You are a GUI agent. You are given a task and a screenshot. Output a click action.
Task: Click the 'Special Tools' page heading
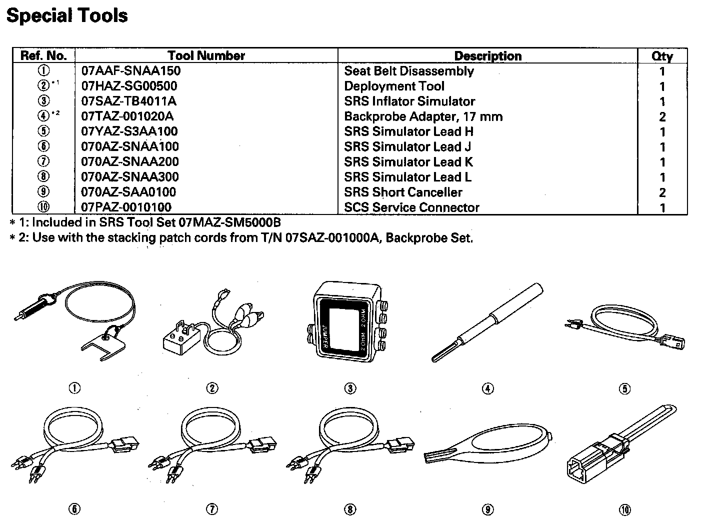coord(67,15)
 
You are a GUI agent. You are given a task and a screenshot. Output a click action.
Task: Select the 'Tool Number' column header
coord(206,55)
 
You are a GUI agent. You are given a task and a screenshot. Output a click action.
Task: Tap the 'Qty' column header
coord(662,56)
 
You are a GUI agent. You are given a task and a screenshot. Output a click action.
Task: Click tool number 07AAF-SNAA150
coord(130,71)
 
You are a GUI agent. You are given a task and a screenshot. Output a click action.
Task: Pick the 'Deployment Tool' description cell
coord(394,86)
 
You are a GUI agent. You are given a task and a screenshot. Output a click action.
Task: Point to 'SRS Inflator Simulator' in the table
coord(409,101)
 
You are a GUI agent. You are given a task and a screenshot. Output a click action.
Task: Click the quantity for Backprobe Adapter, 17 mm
coord(662,117)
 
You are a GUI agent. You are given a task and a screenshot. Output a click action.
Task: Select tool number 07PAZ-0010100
coord(126,207)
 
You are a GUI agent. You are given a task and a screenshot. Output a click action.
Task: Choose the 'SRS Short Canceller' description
coord(403,192)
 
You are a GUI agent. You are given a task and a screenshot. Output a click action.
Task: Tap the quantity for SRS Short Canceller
coord(662,192)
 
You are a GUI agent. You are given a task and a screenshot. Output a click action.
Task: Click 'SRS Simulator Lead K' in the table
coord(408,162)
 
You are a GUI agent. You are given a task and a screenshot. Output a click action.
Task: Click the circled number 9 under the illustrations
coord(487,509)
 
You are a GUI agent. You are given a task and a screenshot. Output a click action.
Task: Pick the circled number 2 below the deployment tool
coord(212,388)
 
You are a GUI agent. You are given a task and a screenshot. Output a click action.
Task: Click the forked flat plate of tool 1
coord(102,345)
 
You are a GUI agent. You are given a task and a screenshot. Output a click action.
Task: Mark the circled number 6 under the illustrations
coord(74,509)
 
